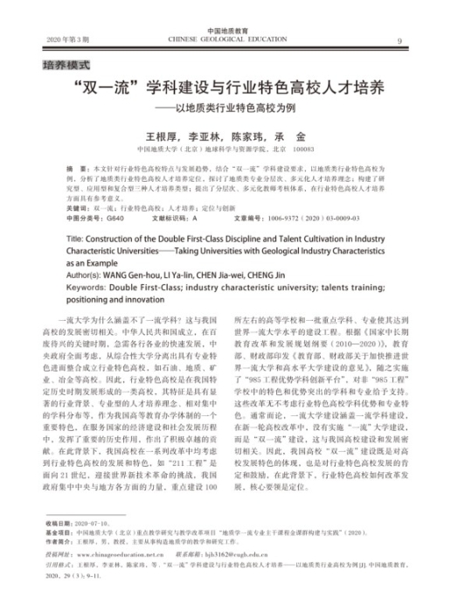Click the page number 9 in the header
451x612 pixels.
399,41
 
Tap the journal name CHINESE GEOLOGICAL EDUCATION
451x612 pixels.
225,40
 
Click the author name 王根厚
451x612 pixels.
160,137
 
